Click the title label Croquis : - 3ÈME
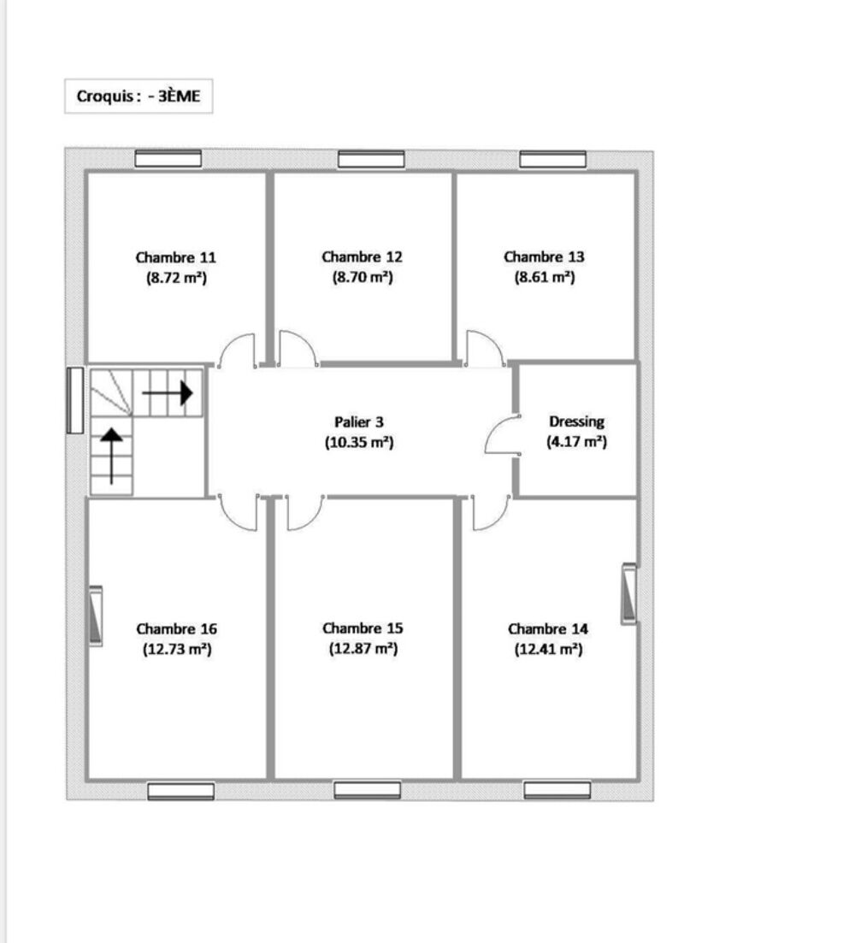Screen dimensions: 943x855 [139, 97]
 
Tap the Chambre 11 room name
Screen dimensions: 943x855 [176, 256]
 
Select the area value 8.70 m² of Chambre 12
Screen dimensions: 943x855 [362, 277]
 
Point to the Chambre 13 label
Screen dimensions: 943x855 [544, 256]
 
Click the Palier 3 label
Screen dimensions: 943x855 [358, 421]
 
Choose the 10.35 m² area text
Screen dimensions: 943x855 [358, 443]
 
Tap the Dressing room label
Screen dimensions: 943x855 [576, 421]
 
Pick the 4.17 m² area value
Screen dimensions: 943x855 [576, 443]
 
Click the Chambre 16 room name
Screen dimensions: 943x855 [176, 628]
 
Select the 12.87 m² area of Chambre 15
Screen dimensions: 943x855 [363, 649]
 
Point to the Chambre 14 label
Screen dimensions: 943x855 [548, 628]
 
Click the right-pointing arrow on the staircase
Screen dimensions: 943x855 [168, 392]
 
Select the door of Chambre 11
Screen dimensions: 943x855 [237, 350]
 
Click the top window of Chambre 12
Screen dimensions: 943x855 [371, 159]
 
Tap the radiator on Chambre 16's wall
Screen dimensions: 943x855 [96, 616]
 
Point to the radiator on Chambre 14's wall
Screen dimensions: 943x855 [629, 593]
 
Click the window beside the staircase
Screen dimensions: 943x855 [75, 400]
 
